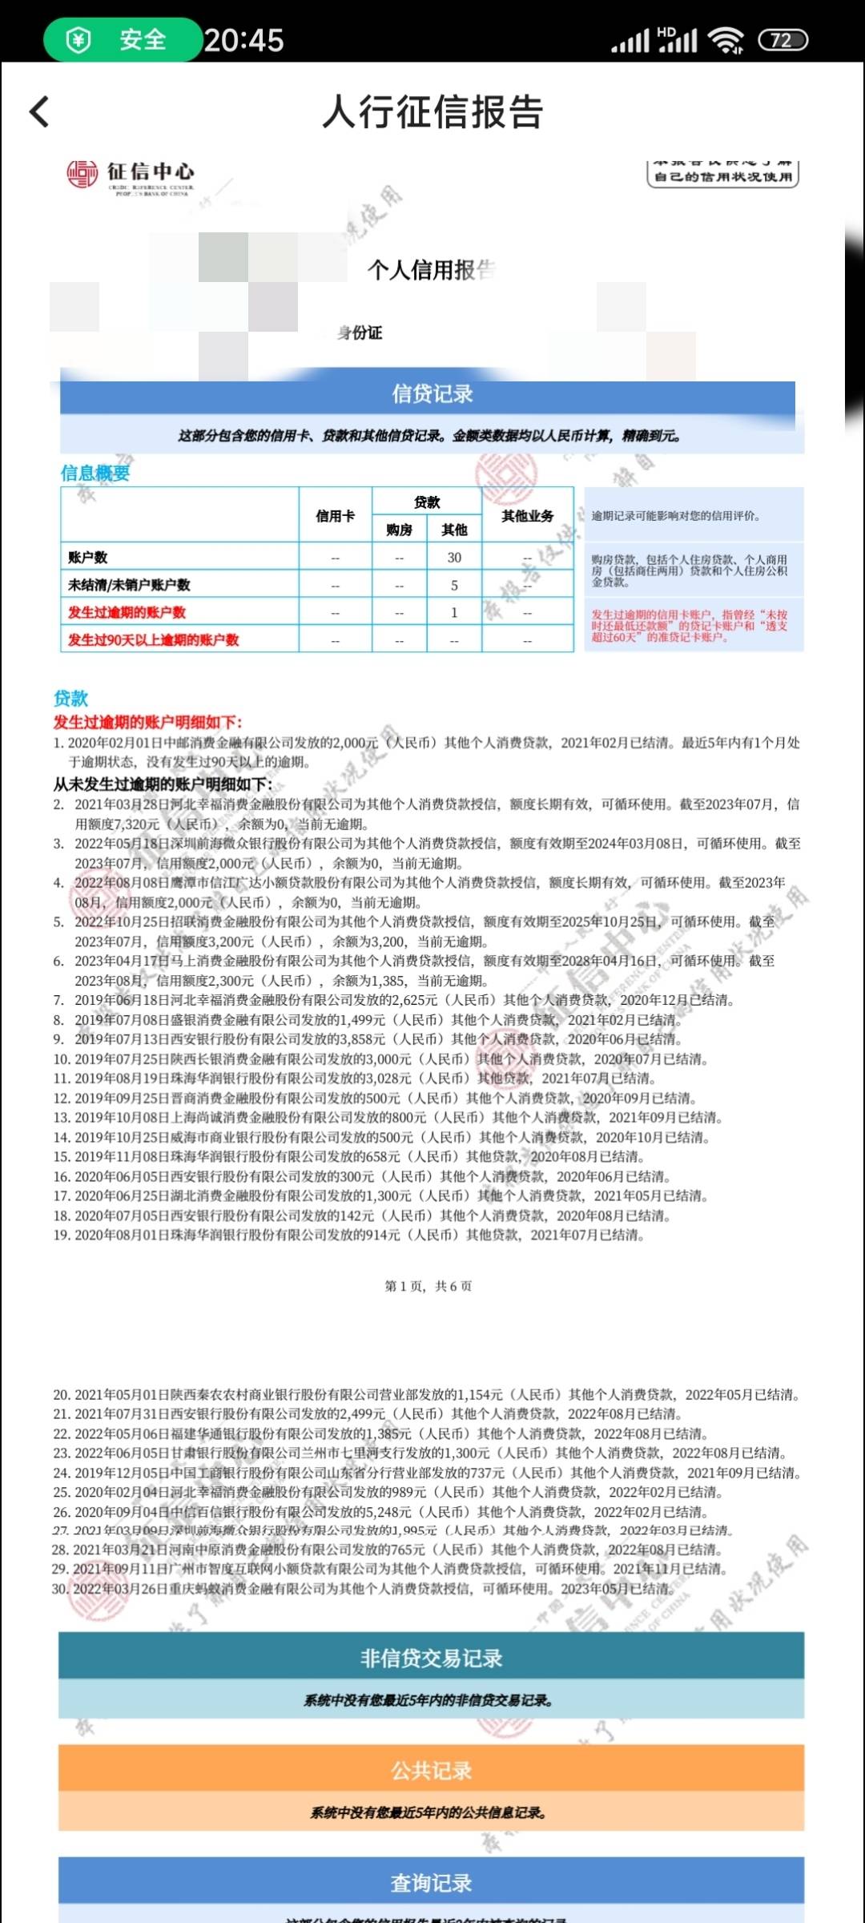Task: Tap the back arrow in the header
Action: pos(39,112)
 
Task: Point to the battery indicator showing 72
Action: pos(783,40)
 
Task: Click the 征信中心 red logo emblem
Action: pos(82,174)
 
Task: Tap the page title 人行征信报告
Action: pos(432,112)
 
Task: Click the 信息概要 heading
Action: pos(95,473)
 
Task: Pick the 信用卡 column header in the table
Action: pos(335,516)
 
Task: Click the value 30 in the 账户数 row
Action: pos(454,558)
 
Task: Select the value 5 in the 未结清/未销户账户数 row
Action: pos(454,585)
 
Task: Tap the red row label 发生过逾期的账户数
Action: pos(127,612)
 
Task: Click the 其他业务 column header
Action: pos(527,516)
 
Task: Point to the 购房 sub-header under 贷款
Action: pos(399,530)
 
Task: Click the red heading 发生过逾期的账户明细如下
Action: pos(147,722)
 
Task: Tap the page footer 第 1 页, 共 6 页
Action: pos(428,1286)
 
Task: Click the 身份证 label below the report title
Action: pos(360,333)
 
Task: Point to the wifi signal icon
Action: pos(726,40)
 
